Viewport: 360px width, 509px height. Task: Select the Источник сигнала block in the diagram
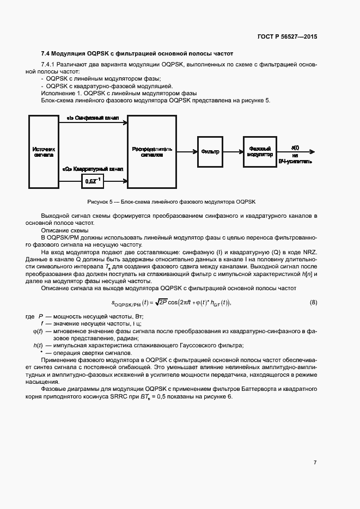tap(44, 151)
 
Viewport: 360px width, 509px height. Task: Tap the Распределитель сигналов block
tap(152, 151)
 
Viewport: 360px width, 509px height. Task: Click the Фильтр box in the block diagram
tap(210, 151)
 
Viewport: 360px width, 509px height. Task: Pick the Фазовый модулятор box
tap(260, 151)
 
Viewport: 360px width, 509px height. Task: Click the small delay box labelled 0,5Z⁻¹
tap(93, 180)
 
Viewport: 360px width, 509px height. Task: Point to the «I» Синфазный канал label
tap(93, 118)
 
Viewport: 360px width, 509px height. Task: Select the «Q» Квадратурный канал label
tap(93, 169)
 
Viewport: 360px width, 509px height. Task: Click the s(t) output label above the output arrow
tap(295, 147)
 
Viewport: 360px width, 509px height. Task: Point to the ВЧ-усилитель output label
tap(295, 162)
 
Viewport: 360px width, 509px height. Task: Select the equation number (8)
tap(313, 302)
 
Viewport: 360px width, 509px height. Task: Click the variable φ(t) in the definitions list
tap(38, 331)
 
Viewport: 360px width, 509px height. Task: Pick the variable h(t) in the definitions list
tap(38, 346)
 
